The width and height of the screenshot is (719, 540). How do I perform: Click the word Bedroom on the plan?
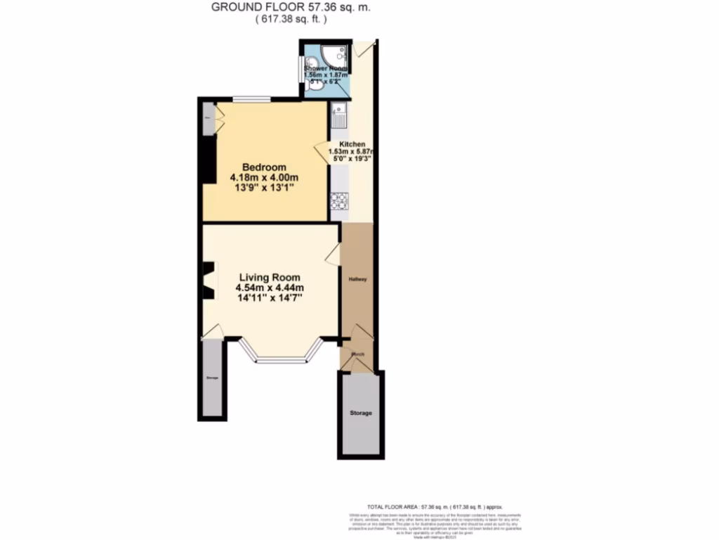[264, 167]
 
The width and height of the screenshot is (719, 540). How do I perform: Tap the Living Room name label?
[269, 277]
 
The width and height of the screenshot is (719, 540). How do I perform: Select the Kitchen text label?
[352, 143]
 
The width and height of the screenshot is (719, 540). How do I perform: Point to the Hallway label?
[359, 279]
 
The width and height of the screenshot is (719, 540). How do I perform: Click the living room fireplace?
[209, 280]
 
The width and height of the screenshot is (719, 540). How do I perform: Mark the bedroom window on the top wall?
[251, 100]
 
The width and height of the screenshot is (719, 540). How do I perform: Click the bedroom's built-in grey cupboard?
[209, 118]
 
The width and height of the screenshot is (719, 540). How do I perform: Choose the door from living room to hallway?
[334, 255]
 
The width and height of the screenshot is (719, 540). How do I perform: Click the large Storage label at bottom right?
[361, 413]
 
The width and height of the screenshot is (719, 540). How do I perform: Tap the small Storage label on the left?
[212, 379]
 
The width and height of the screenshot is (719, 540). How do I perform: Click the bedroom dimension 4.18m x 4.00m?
[264, 178]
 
